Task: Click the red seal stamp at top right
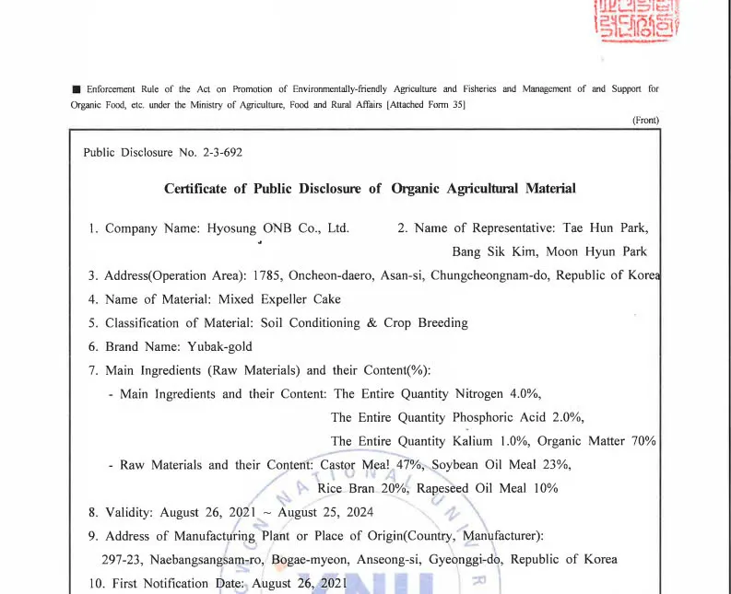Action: click(638, 19)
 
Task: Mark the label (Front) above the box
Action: click(645, 121)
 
